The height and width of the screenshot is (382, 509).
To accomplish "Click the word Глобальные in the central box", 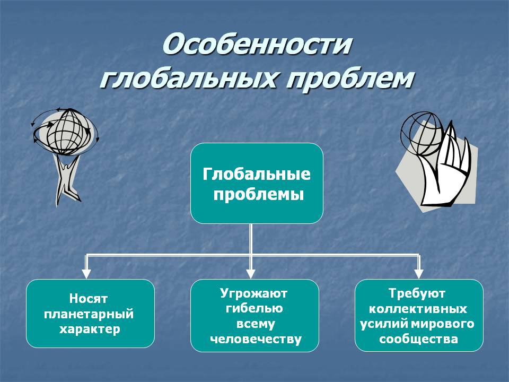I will (x=257, y=175).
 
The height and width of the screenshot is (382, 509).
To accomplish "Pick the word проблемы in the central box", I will (x=258, y=194).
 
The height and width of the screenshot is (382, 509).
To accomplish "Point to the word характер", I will (x=90, y=329).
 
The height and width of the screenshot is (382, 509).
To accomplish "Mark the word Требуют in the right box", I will (x=417, y=293).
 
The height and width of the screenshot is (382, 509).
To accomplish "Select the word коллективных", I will (x=418, y=308).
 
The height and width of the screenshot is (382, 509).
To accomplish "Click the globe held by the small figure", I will (x=65, y=131).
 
